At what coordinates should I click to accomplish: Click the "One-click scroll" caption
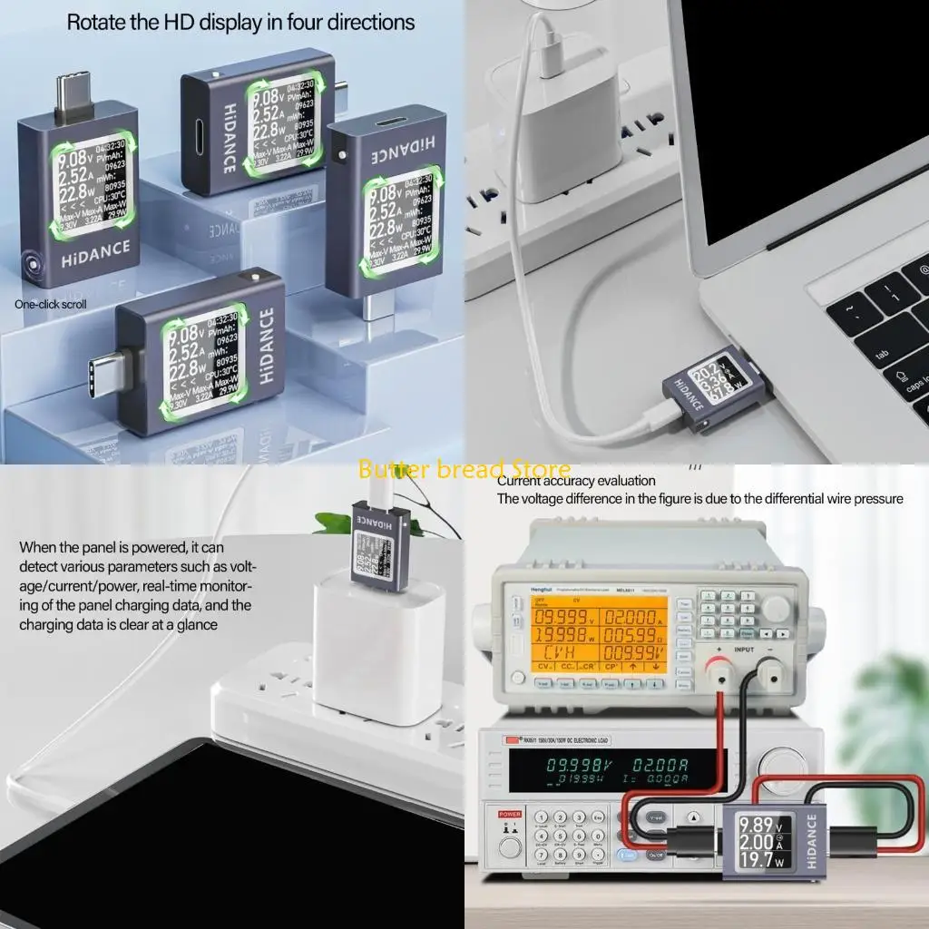coord(51,304)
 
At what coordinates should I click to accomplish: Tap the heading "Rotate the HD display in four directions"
coord(241,22)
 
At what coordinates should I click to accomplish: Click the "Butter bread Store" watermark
coord(464,469)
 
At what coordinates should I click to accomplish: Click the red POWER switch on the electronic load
coord(505,826)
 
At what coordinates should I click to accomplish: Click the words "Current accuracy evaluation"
coord(575,481)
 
